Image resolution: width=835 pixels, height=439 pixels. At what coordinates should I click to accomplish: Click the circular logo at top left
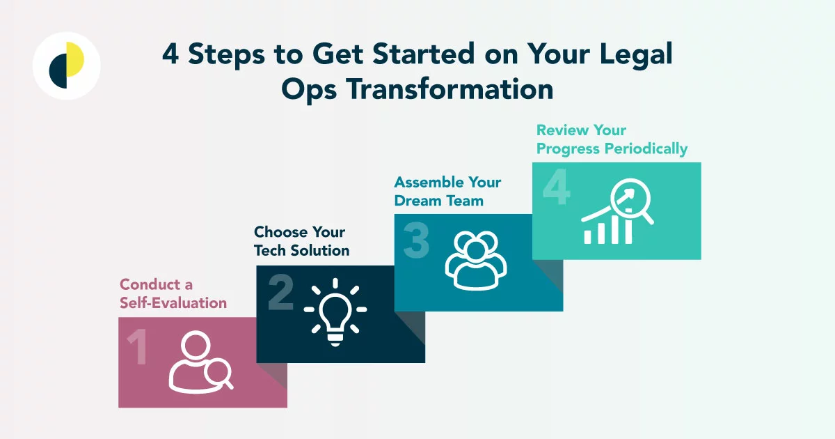pos(67,66)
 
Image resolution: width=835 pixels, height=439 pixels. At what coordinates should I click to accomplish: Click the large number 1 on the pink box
pos(137,348)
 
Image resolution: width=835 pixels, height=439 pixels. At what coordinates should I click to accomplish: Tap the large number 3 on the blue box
pos(416,242)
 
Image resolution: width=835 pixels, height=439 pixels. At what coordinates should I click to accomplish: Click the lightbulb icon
pos(335,311)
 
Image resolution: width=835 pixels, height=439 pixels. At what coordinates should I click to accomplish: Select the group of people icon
pos(476,260)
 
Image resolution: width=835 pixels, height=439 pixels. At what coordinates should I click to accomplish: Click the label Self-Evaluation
pos(173,303)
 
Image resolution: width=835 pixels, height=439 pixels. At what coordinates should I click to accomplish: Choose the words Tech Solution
pos(302,250)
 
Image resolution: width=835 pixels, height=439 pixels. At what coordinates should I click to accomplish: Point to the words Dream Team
pos(438,201)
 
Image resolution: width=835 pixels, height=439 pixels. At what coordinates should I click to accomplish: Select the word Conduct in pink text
pos(146,284)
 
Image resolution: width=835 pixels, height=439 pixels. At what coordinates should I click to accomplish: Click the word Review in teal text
pos(562,130)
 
